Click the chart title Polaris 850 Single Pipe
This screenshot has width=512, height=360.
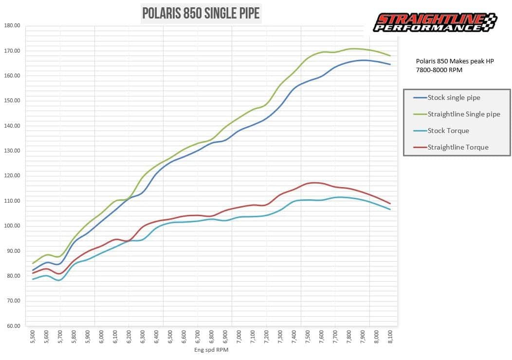click(201, 13)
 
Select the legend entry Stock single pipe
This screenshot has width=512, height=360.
click(454, 97)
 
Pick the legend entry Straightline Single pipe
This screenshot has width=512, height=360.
click(463, 114)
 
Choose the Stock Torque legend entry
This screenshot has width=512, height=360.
click(448, 131)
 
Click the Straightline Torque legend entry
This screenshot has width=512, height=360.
click(457, 147)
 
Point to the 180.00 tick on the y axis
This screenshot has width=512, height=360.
click(11, 25)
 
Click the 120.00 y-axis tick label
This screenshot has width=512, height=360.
click(11, 176)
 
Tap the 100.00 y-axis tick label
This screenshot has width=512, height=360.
click(11, 226)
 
